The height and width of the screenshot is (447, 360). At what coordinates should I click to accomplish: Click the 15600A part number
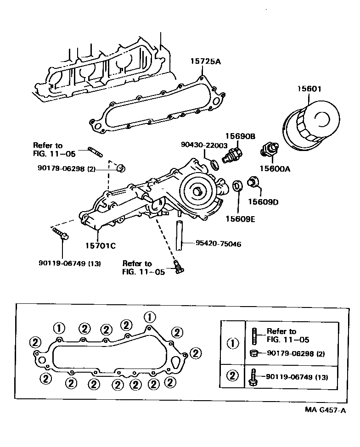tap(276, 168)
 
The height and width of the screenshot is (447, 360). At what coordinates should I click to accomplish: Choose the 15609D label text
tap(264, 201)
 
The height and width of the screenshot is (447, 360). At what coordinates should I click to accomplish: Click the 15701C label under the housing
tap(100, 246)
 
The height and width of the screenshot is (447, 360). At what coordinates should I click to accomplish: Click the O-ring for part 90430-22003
tap(214, 164)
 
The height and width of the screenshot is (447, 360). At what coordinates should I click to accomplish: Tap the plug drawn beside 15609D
tap(253, 182)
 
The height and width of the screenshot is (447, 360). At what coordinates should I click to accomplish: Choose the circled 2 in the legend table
tap(234, 376)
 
